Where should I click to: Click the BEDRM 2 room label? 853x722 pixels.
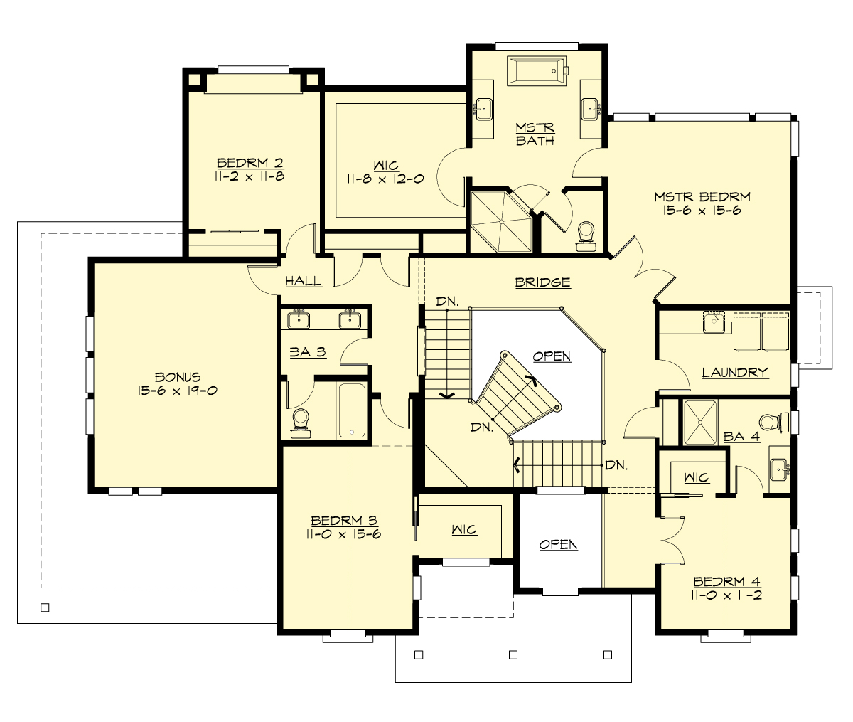(250, 164)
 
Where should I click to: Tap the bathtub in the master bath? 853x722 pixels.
(537, 71)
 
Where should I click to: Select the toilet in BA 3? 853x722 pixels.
(301, 420)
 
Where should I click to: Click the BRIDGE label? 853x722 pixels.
(543, 282)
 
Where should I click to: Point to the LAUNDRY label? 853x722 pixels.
(735, 372)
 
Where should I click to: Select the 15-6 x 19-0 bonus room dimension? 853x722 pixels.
(177, 391)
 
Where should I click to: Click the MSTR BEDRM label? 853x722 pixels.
(702, 197)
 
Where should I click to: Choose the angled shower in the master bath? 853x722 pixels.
(500, 221)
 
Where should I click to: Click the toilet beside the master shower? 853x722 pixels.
(586, 233)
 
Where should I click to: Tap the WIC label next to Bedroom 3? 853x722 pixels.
(464, 530)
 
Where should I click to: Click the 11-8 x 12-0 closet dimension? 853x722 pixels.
(385, 179)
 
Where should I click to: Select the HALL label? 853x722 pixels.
(304, 281)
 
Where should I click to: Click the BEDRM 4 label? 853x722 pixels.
(727, 581)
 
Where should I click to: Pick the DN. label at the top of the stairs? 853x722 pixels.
(448, 302)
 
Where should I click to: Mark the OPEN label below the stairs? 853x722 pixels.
(558, 544)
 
